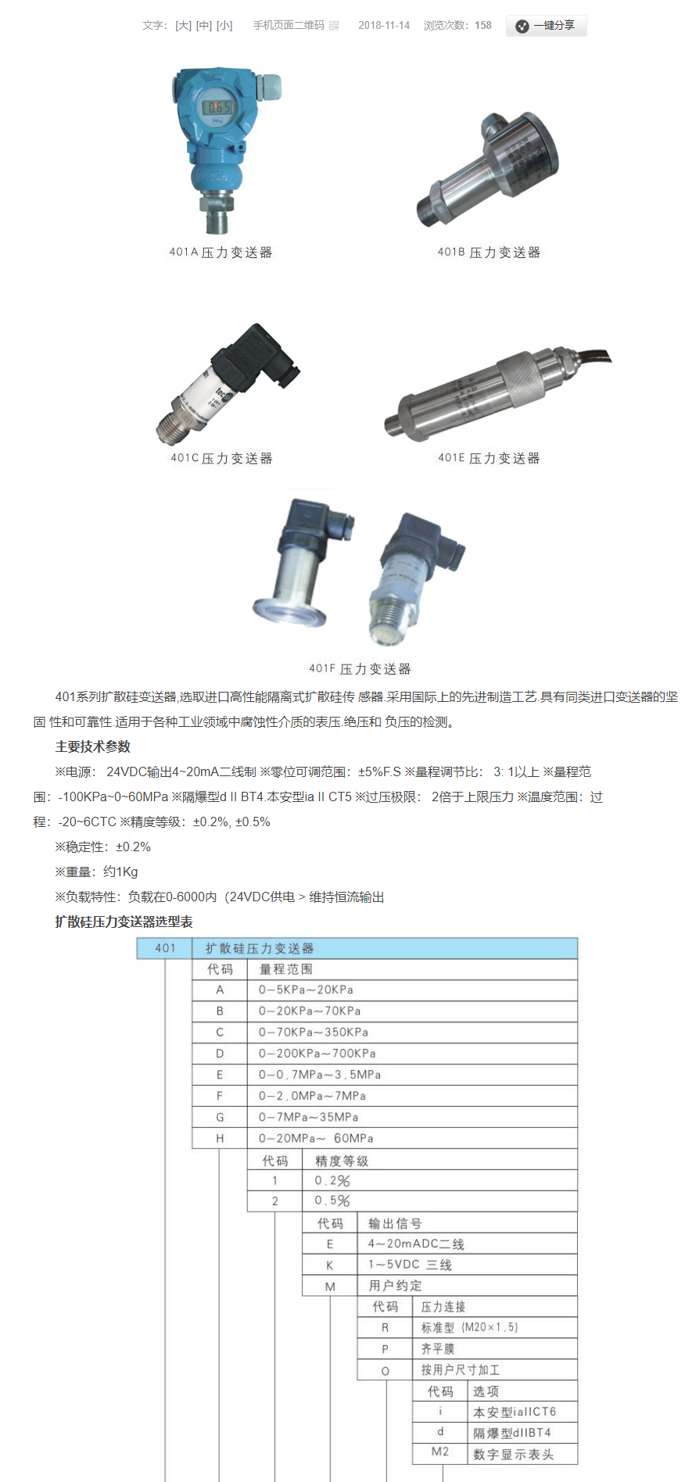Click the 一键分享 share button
[546, 26]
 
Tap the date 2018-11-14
[384, 26]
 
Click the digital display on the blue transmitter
[218, 108]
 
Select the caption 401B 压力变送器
[489, 252]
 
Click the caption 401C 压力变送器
[221, 458]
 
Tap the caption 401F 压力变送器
[360, 669]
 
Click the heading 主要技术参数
[93, 746]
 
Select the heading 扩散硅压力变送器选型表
[124, 922]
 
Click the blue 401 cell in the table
[165, 948]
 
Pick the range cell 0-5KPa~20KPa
[306, 990]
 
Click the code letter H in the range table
[220, 1139]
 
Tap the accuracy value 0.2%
[332, 1181]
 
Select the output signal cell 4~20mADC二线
[416, 1244]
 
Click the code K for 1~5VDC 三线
[329, 1265]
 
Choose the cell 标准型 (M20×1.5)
[469, 1328]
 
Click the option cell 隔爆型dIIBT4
[512, 1434]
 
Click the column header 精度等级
[342, 1162]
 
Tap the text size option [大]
[183, 26]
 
